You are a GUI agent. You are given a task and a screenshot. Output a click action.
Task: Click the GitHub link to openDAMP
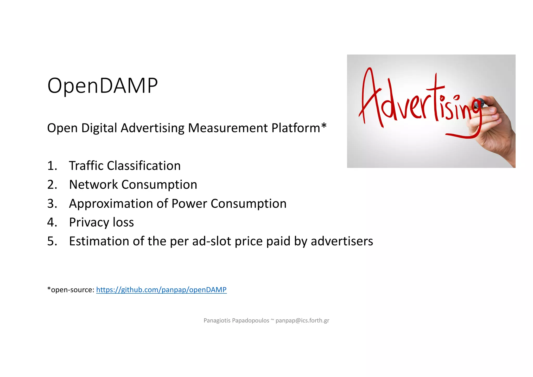coord(161,290)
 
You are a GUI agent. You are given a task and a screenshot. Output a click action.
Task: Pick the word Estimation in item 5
coord(99,241)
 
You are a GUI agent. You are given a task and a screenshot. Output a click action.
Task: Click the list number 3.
coord(52,204)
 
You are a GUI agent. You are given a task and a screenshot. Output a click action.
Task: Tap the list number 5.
coord(52,241)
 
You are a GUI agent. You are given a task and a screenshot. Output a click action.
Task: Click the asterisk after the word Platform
coord(324,126)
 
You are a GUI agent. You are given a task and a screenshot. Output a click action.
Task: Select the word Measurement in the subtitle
coord(228,128)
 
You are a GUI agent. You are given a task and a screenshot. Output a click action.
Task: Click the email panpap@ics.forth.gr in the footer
coord(302,320)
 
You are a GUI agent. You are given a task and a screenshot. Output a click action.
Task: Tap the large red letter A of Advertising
coord(370,96)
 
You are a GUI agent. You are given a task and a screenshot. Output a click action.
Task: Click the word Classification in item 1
coord(144,166)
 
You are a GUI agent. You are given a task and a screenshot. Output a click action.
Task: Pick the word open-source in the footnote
coord(72,290)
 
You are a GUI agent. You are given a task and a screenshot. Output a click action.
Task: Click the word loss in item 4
coord(123,223)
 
